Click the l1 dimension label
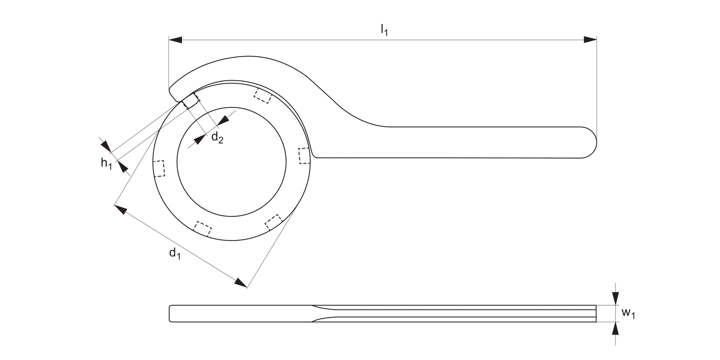pyautogui.click(x=384, y=30)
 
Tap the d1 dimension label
pyautogui.click(x=175, y=254)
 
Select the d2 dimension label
pyautogui.click(x=217, y=138)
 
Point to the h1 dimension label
pyautogui.click(x=106, y=164)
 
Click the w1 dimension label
pyautogui.click(x=628, y=313)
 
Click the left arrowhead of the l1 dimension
pyautogui.click(x=175, y=40)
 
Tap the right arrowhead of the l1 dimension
pyautogui.click(x=590, y=40)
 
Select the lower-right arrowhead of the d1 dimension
pyautogui.click(x=240, y=283)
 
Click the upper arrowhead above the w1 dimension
pyautogui.click(x=615, y=299)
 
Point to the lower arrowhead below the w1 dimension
pyautogui.click(x=615, y=328)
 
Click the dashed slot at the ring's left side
pyautogui.click(x=159, y=168)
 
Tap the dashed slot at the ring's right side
pyautogui.click(x=304, y=156)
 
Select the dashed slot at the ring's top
pyautogui.click(x=263, y=96)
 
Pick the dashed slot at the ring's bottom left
pyautogui.click(x=203, y=228)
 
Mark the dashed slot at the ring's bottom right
pyautogui.click(x=274, y=222)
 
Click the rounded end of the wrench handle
pyautogui.click(x=589, y=142)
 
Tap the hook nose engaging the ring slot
pyautogui.click(x=190, y=101)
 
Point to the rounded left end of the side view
pyautogui.click(x=171, y=313)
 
